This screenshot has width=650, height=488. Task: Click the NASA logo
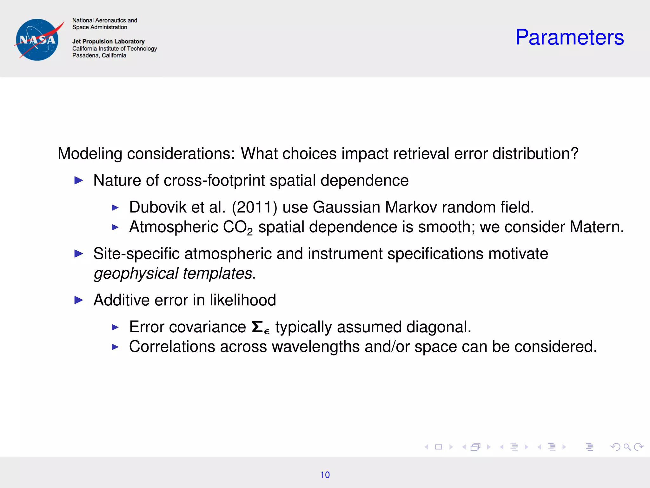(x=37, y=40)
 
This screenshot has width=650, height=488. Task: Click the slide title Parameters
(x=569, y=37)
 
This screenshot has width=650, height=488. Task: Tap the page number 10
(x=325, y=475)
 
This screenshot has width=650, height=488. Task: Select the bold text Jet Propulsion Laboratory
(x=108, y=41)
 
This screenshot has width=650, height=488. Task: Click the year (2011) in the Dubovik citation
(x=255, y=207)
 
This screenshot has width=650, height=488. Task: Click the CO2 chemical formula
(x=238, y=227)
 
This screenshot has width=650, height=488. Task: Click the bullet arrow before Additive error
(x=78, y=300)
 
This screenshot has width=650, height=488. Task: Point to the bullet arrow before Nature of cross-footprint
(x=78, y=180)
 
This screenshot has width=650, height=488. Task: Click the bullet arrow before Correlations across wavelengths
(x=115, y=347)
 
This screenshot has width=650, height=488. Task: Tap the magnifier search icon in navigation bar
(x=627, y=447)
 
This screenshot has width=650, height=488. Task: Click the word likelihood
(x=243, y=300)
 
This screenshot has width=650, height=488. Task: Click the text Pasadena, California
(x=99, y=55)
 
